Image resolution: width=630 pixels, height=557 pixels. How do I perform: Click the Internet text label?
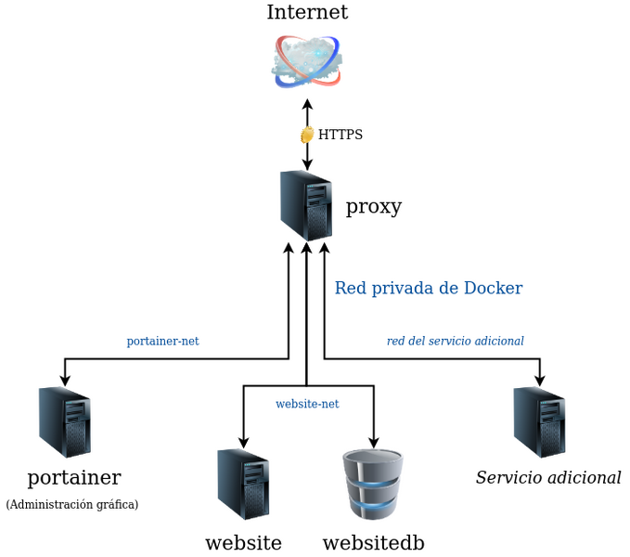308,13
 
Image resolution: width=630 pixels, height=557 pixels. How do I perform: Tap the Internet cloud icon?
307,61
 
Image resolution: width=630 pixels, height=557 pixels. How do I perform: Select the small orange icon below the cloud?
306,135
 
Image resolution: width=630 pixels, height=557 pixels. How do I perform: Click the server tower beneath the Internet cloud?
305,204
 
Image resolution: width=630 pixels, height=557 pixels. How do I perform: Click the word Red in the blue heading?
350,288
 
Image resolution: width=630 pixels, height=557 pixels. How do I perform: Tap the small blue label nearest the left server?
163,342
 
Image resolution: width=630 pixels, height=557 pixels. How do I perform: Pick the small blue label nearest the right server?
455,341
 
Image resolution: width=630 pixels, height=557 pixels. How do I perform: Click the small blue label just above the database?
308,404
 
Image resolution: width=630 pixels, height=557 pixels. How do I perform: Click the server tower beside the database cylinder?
244,483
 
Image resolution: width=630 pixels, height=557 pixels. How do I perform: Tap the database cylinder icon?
373,483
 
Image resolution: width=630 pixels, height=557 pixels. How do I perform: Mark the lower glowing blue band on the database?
373,508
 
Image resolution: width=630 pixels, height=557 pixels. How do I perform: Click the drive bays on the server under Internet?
317,195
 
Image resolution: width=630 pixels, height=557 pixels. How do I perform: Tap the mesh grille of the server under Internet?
319,224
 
